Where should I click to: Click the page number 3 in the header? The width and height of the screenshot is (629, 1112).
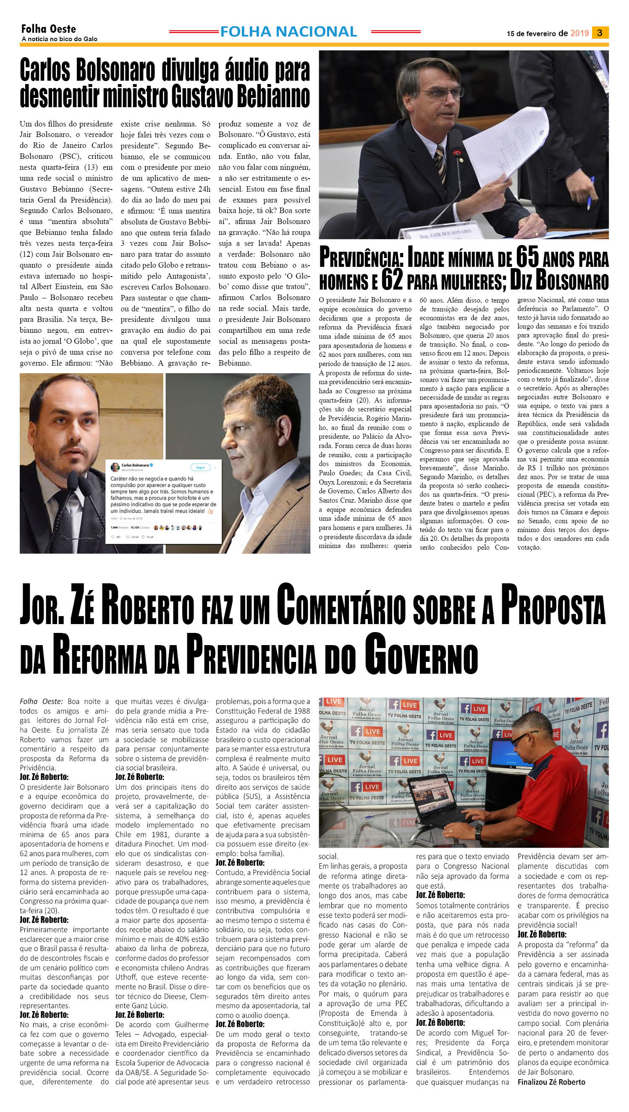(599, 33)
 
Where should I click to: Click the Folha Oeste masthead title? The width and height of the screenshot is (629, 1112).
(48, 29)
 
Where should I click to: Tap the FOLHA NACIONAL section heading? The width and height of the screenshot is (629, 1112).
(288, 32)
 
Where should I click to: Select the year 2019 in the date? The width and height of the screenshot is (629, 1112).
(579, 33)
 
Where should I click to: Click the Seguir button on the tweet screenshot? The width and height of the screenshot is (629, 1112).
(200, 467)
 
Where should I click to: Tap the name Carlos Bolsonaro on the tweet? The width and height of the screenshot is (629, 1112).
(135, 465)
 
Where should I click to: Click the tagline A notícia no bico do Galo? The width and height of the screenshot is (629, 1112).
(59, 39)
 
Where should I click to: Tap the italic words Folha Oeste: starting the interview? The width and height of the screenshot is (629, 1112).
(41, 701)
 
